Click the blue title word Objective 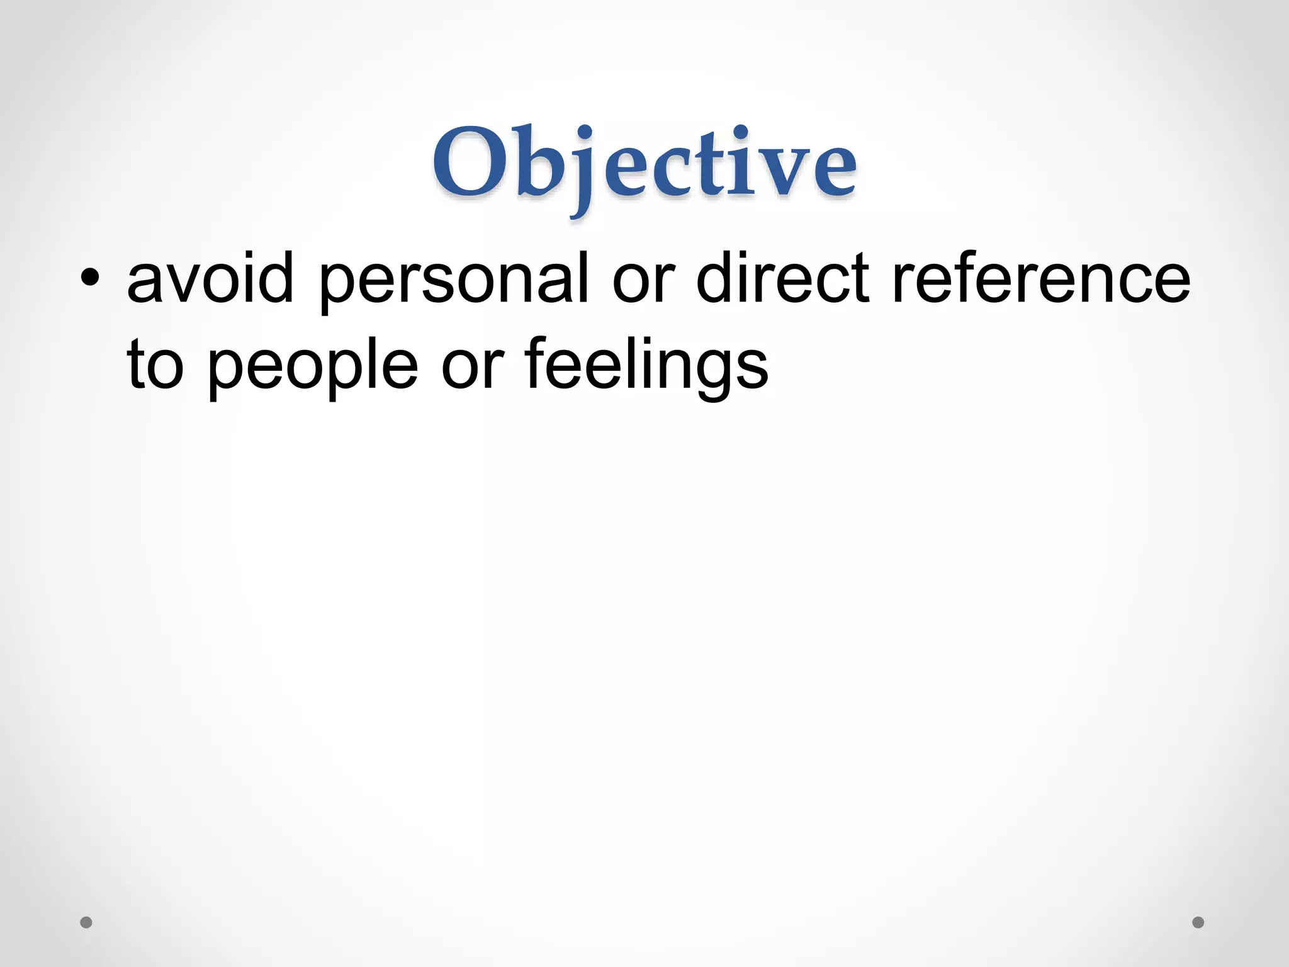coord(644,165)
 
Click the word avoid coord(210,278)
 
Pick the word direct coord(783,278)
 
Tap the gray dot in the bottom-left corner coord(86,922)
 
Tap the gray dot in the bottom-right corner coord(1198,922)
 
